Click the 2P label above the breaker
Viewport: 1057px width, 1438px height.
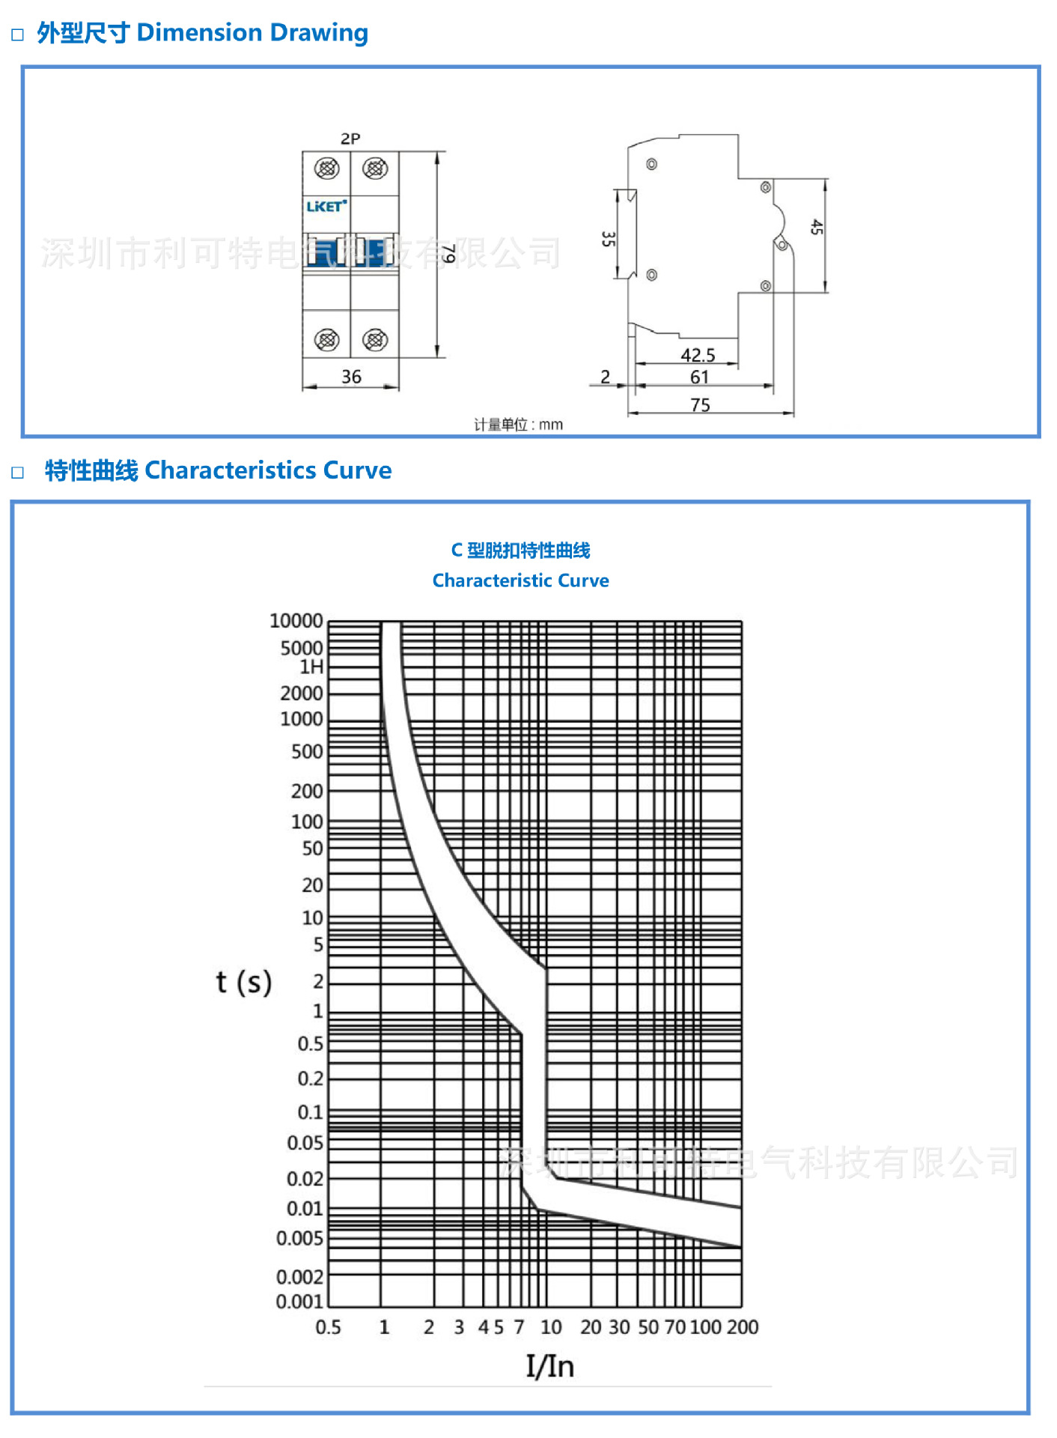[350, 139]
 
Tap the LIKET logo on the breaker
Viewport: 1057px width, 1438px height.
[326, 206]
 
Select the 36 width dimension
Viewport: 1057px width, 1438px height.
[351, 377]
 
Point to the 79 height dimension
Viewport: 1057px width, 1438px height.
[448, 255]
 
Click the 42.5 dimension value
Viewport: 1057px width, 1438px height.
[698, 355]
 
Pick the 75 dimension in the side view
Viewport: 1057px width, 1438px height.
[700, 405]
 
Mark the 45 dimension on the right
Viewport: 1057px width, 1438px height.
[816, 228]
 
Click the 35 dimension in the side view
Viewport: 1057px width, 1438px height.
[608, 239]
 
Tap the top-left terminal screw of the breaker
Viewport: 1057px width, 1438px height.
[326, 169]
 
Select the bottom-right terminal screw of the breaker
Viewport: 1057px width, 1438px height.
[375, 340]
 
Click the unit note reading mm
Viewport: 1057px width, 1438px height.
[518, 425]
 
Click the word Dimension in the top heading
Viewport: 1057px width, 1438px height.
[199, 33]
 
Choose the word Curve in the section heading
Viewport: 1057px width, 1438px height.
[357, 470]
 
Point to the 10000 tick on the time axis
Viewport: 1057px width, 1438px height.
[296, 621]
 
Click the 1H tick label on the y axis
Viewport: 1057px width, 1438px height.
[311, 667]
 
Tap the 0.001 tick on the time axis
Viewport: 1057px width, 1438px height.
[299, 1302]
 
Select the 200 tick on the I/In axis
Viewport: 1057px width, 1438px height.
[743, 1327]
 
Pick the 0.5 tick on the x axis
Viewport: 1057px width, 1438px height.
[328, 1327]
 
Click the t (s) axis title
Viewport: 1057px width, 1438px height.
[243, 982]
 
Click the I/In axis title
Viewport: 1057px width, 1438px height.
[549, 1367]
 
